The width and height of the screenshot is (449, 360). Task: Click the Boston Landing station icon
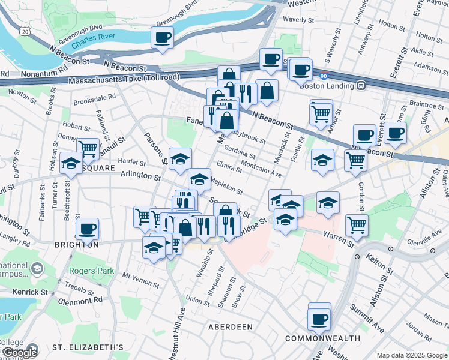point(361,85)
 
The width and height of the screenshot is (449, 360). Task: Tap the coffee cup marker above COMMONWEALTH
point(319,318)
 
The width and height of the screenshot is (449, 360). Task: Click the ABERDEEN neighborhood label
point(230,327)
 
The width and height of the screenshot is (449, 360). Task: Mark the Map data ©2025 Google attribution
point(412,355)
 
